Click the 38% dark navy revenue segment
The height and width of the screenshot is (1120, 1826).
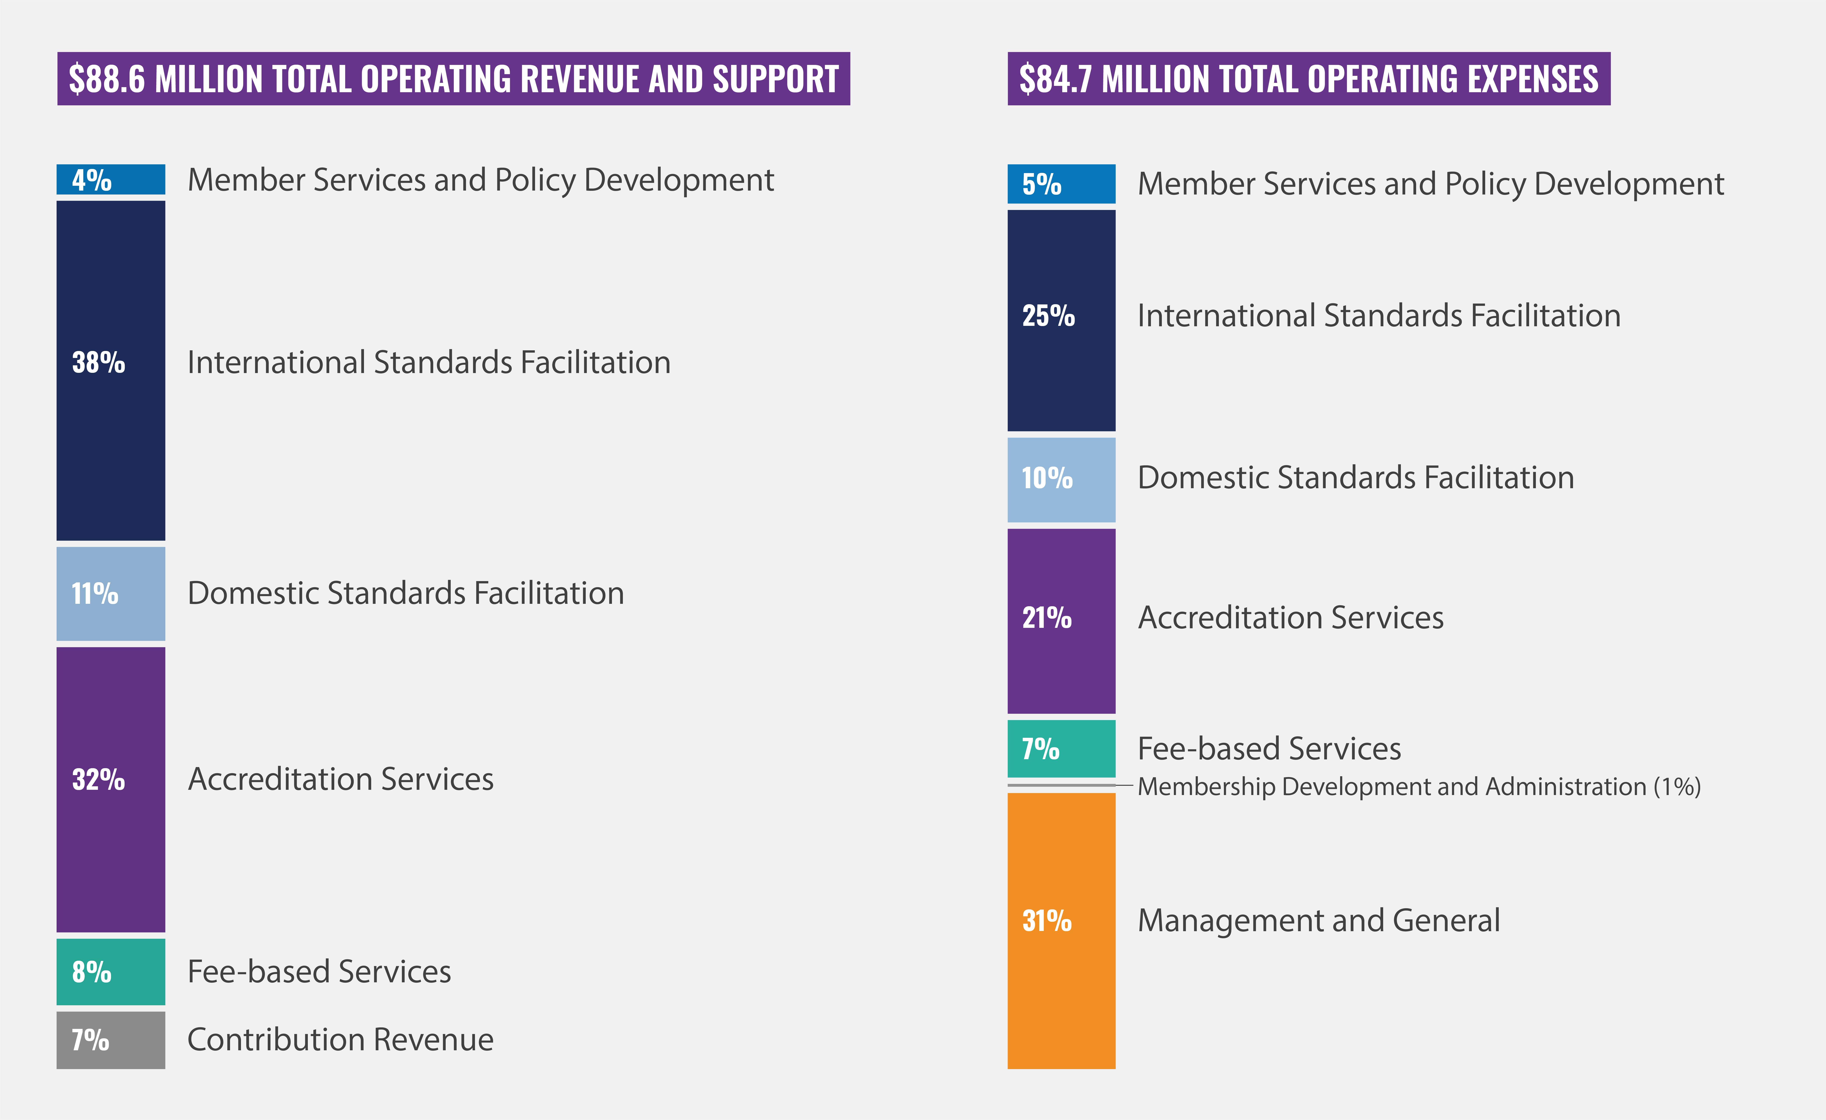(x=111, y=371)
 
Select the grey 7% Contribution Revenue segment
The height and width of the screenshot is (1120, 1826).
(x=111, y=1040)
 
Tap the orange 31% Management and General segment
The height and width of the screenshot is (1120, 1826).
(x=1061, y=930)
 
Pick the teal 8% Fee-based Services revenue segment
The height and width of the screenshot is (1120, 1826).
(x=111, y=972)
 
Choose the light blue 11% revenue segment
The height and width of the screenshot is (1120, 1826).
(x=111, y=594)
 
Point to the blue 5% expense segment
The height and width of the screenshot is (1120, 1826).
(x=1061, y=184)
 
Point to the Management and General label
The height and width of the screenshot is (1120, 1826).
(x=1318, y=921)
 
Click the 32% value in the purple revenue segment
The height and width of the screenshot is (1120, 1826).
(x=98, y=780)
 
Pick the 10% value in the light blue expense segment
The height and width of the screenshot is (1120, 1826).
(x=1046, y=478)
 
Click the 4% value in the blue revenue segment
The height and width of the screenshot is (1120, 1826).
(x=91, y=180)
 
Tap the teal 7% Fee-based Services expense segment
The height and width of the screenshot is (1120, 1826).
(x=1061, y=749)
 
